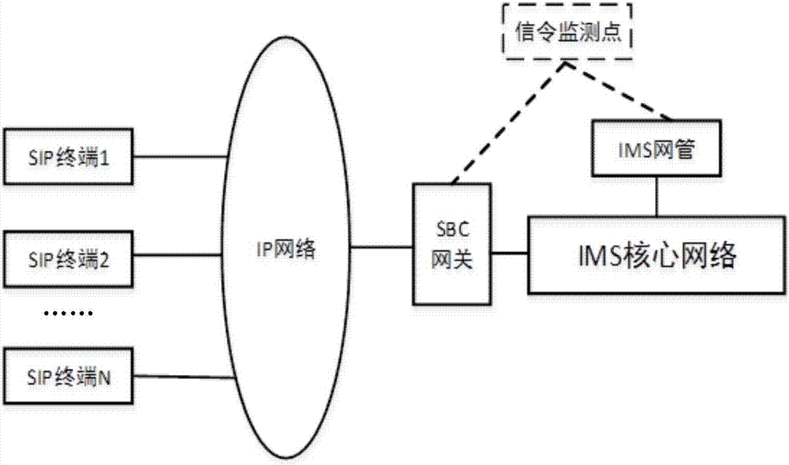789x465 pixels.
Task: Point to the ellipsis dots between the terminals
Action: coord(67,313)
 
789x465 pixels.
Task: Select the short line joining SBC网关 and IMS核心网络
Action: coord(509,253)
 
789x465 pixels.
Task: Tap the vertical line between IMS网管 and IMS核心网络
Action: coord(655,194)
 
